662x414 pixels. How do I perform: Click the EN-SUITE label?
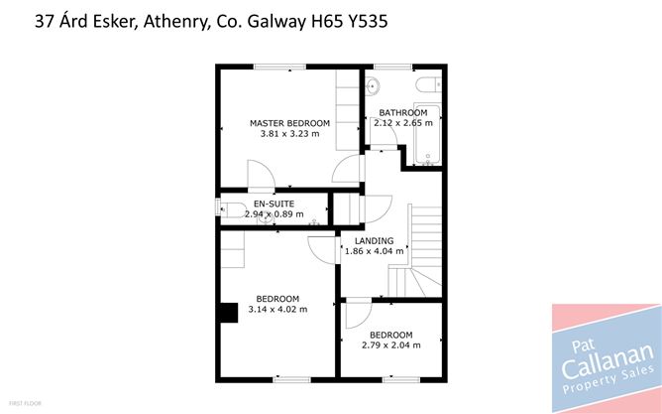tap(273, 203)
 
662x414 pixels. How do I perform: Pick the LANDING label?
tap(375, 241)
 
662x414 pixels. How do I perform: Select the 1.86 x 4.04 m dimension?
tap(375, 252)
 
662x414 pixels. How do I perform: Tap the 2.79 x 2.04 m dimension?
tap(389, 345)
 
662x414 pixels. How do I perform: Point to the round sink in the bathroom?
tap(378, 83)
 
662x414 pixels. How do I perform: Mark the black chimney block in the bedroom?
tap(229, 313)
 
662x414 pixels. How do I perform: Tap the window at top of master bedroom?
tap(279, 68)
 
